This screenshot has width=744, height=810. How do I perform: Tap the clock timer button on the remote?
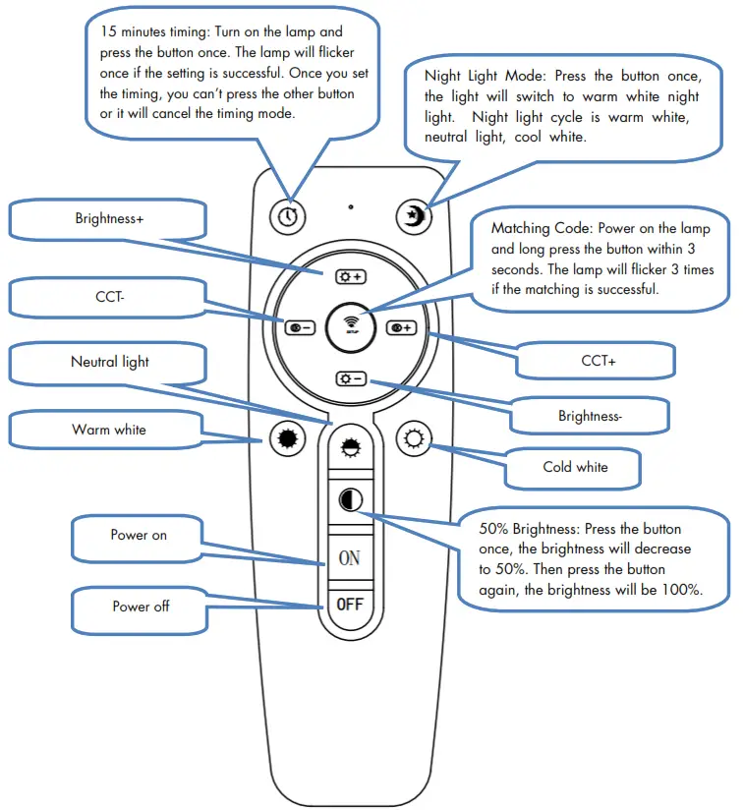[287, 215]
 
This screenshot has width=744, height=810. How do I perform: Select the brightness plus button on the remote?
[350, 276]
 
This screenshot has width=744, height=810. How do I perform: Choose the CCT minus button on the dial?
[300, 327]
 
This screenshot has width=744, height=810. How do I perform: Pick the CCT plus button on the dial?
[401, 327]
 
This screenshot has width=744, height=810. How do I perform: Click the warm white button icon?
[286, 439]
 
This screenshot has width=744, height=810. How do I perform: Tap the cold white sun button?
[413, 438]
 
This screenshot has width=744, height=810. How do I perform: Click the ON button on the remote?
[349, 557]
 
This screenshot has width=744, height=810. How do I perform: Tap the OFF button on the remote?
[349, 603]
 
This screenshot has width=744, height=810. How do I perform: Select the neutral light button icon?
[349, 448]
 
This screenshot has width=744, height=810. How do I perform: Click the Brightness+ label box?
[108, 219]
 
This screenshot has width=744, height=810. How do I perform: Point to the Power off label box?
[141, 607]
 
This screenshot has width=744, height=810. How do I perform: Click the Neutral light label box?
[109, 362]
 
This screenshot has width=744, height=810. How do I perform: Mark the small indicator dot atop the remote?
[350, 207]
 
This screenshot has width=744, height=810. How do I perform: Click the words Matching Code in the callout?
[536, 228]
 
